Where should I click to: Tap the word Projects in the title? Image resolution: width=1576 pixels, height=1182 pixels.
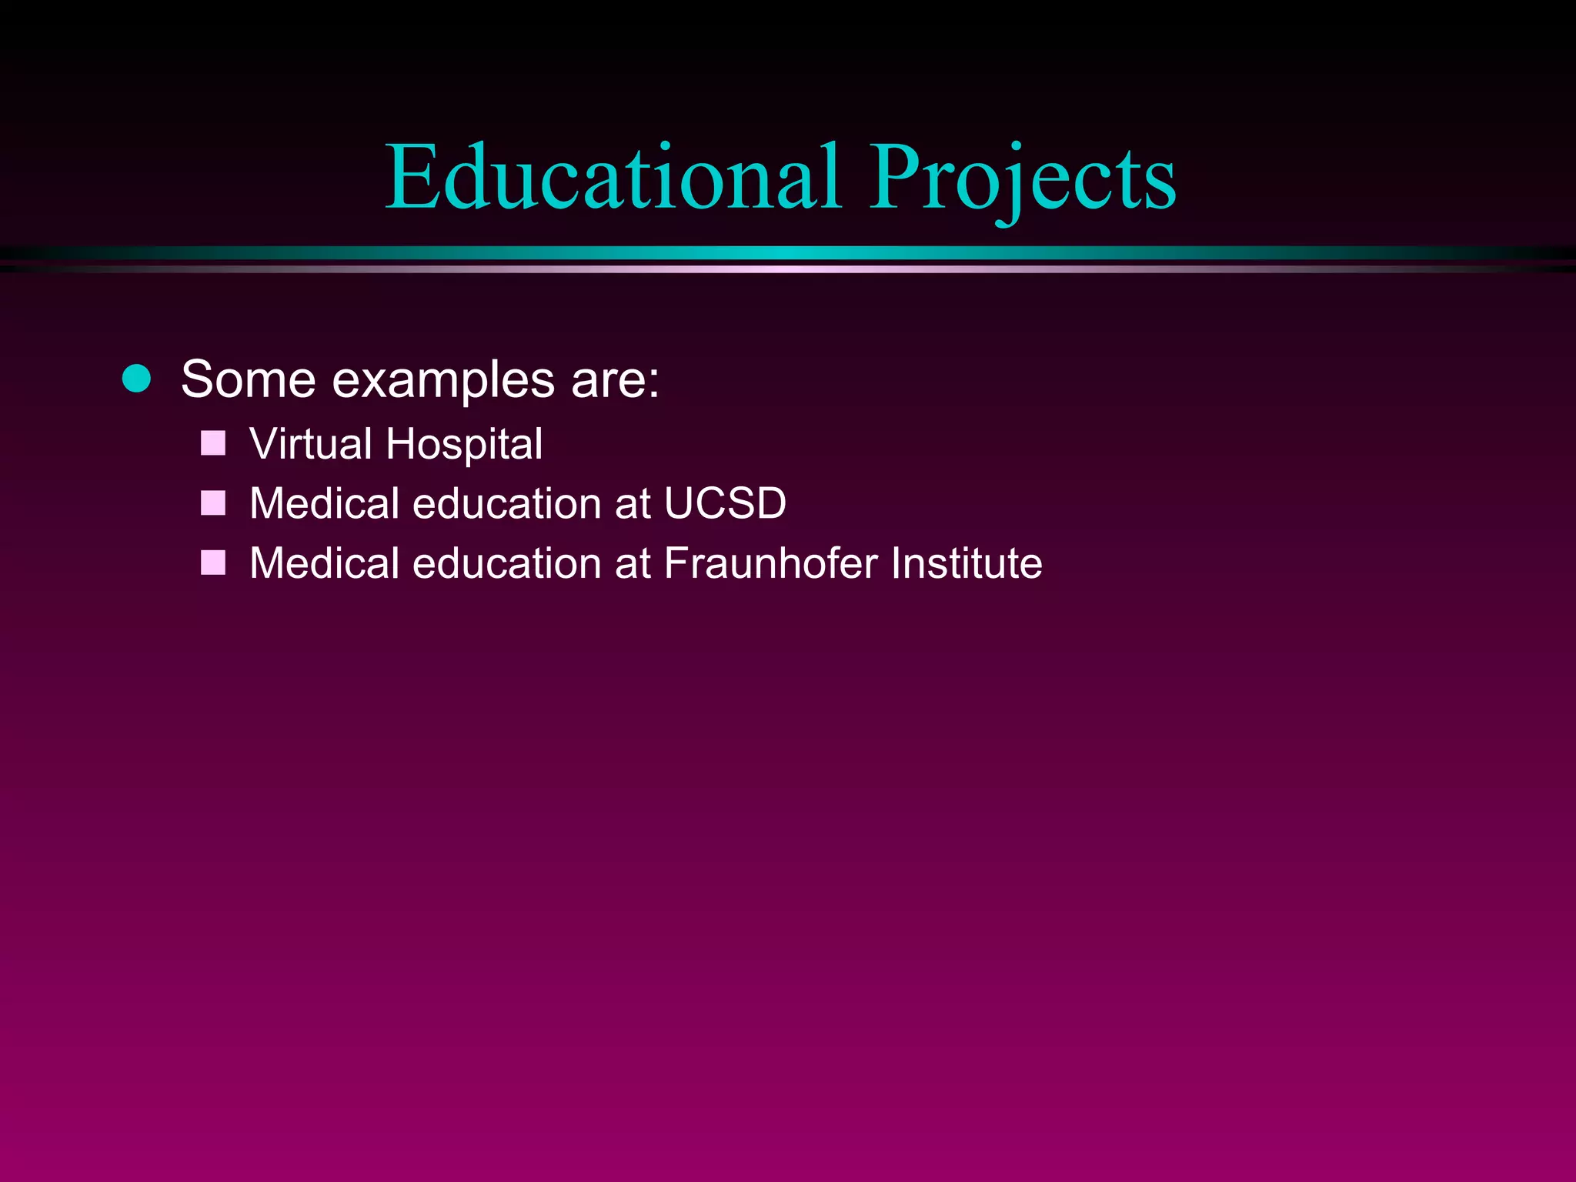pyautogui.click(x=1023, y=179)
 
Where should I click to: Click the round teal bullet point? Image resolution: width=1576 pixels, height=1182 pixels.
pyautogui.click(x=137, y=379)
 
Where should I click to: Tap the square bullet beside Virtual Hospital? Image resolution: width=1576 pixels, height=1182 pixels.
pyautogui.click(x=213, y=443)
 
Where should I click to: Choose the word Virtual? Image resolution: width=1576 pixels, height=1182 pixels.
pyautogui.click(x=311, y=444)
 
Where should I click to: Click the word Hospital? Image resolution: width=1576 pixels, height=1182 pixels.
pyautogui.click(x=464, y=445)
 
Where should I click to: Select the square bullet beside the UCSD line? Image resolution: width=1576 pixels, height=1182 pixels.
pyautogui.click(x=213, y=503)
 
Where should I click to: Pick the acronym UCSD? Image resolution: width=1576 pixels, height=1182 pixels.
pyautogui.click(x=724, y=503)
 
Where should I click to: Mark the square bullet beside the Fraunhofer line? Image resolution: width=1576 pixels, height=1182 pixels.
pyautogui.click(x=213, y=563)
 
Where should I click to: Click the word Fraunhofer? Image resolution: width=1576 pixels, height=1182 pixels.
pyautogui.click(x=770, y=563)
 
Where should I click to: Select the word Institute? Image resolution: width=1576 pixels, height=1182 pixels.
pyautogui.click(x=967, y=563)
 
